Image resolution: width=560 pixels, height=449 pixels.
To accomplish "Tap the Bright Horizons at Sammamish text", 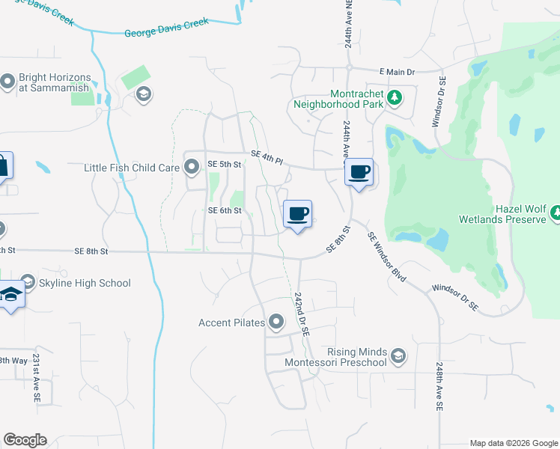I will tap(55, 82).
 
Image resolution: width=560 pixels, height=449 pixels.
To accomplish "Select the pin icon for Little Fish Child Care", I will tap(192, 167).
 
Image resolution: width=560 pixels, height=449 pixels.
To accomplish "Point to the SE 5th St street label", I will tap(224, 164).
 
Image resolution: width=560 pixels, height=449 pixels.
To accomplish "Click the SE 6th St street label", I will tap(225, 211).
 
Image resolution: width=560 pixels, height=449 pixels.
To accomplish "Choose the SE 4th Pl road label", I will tap(267, 156).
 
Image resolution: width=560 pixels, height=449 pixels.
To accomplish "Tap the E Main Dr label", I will tap(397, 71).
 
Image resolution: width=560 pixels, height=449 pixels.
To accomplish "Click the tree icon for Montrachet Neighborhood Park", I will tap(395, 97).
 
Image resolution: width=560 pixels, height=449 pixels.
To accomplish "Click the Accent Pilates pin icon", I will tap(276, 323).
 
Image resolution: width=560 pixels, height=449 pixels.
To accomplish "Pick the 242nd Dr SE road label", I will tap(302, 317).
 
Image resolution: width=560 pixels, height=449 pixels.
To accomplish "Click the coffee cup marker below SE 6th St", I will tap(298, 214).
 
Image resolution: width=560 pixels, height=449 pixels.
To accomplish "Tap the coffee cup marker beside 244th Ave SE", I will tap(359, 172).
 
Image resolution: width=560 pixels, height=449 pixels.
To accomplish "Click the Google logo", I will tap(25, 440).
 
